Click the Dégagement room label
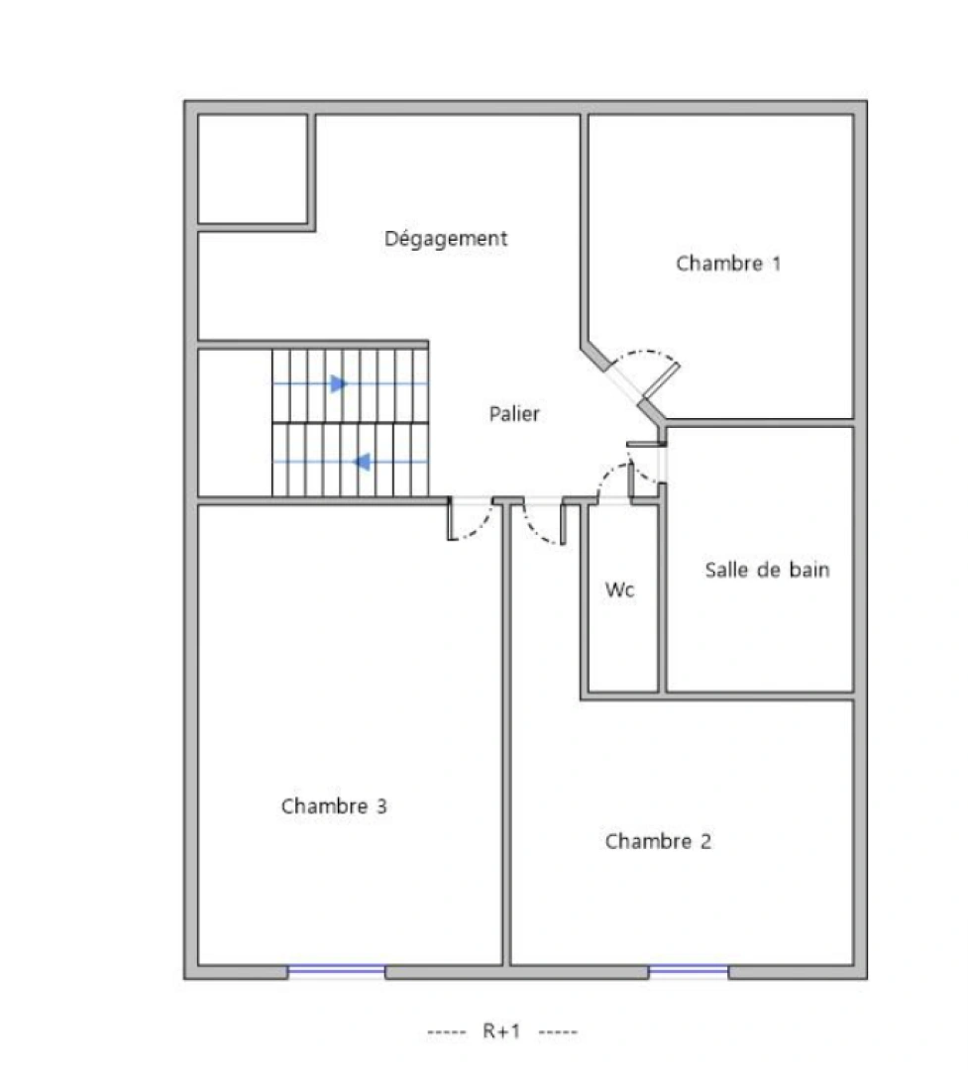446,239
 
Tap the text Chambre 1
727,264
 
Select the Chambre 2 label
658,842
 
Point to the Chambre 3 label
334,806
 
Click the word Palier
514,414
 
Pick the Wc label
619,590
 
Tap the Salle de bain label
767,570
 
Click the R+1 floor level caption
501,1031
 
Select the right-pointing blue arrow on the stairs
340,383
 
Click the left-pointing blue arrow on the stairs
362,462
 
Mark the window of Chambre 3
336,971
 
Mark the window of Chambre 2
689,971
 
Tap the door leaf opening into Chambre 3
451,520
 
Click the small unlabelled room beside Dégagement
253,169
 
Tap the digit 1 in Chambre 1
775,264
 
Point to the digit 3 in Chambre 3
381,806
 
